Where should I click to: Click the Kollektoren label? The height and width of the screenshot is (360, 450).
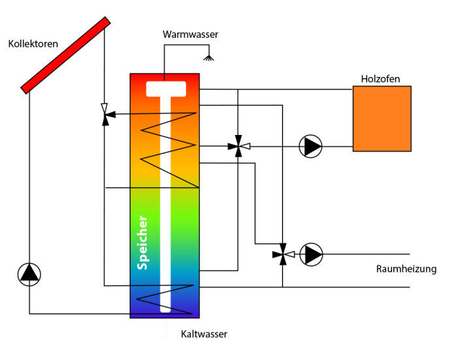point(33,44)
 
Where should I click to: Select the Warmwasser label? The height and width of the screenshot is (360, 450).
point(190,34)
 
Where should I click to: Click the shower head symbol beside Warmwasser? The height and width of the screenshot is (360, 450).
point(209,59)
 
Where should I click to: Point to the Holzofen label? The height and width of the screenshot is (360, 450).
point(380,79)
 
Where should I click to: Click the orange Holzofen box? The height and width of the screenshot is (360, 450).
point(382,118)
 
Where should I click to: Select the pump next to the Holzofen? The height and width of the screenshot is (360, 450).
point(311,146)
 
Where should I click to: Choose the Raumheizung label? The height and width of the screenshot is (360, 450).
point(406,269)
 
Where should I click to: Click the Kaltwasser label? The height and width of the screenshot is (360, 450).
point(205,335)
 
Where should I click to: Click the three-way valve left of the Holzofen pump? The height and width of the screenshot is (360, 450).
point(238,147)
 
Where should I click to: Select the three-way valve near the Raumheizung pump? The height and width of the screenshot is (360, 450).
point(282,254)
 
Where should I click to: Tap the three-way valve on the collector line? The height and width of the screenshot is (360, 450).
point(104,113)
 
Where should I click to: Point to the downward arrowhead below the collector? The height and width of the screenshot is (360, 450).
point(104,106)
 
